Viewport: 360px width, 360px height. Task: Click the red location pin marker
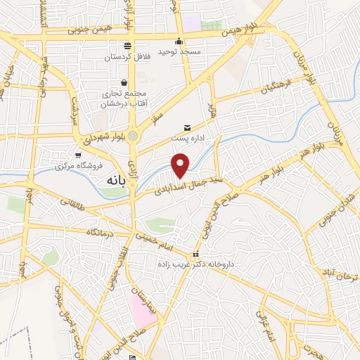[x=181, y=165]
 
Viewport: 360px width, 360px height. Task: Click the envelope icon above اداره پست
[x=186, y=127]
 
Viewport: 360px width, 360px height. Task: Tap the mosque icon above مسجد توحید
[x=180, y=40]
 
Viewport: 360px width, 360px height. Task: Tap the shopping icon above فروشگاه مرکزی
[x=77, y=155]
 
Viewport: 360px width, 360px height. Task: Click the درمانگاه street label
[x=100, y=230]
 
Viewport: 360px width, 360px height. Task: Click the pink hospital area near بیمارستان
[x=143, y=310]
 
